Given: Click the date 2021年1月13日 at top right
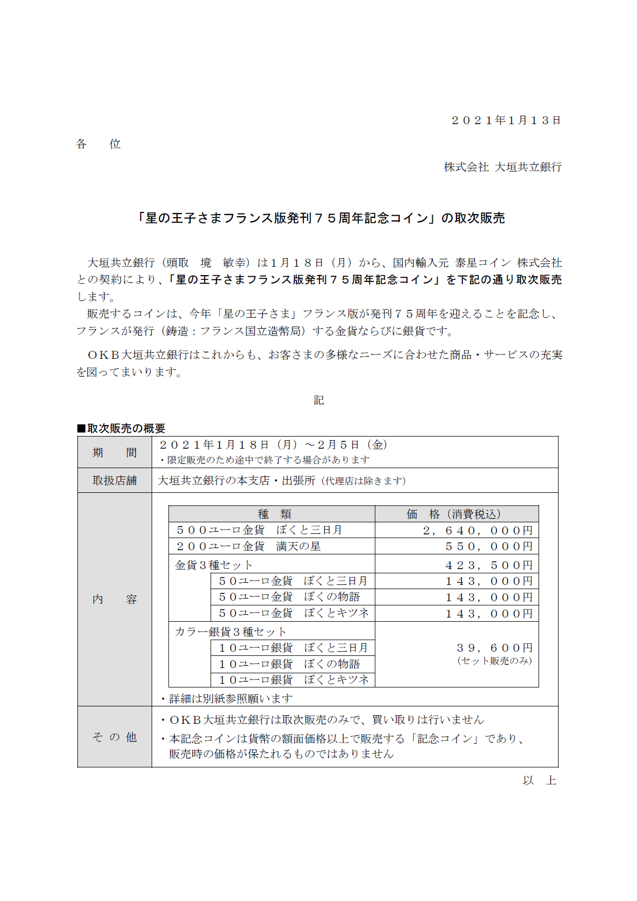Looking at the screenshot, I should pyautogui.click(x=506, y=120).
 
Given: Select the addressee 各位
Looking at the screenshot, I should pyautogui.click(x=98, y=144).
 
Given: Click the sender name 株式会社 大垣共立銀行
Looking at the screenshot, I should pyautogui.click(x=503, y=167).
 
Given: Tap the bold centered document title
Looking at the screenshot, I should pyautogui.click(x=321, y=218).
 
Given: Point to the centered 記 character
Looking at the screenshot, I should pyautogui.click(x=319, y=400).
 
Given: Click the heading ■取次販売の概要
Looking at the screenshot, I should pyautogui.click(x=122, y=428).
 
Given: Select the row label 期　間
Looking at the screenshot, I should pyautogui.click(x=114, y=453).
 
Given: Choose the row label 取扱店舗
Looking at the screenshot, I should pyautogui.click(x=114, y=481).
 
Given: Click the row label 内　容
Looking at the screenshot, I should pyautogui.click(x=114, y=600).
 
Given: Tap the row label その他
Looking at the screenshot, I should pyautogui.click(x=114, y=737).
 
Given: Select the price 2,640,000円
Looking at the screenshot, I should pyautogui.click(x=478, y=531).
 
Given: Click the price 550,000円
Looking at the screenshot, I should pyautogui.click(x=489, y=546).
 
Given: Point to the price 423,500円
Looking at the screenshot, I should pyautogui.click(x=489, y=565).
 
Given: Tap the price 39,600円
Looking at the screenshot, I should pyautogui.click(x=494, y=648).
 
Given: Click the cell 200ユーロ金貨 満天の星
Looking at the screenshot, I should pyautogui.click(x=248, y=546).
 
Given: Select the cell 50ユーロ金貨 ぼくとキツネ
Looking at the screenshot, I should pyautogui.click(x=294, y=613).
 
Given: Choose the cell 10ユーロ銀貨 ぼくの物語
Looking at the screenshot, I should pyautogui.click(x=290, y=664).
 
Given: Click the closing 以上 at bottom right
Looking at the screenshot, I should pyautogui.click(x=539, y=781).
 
